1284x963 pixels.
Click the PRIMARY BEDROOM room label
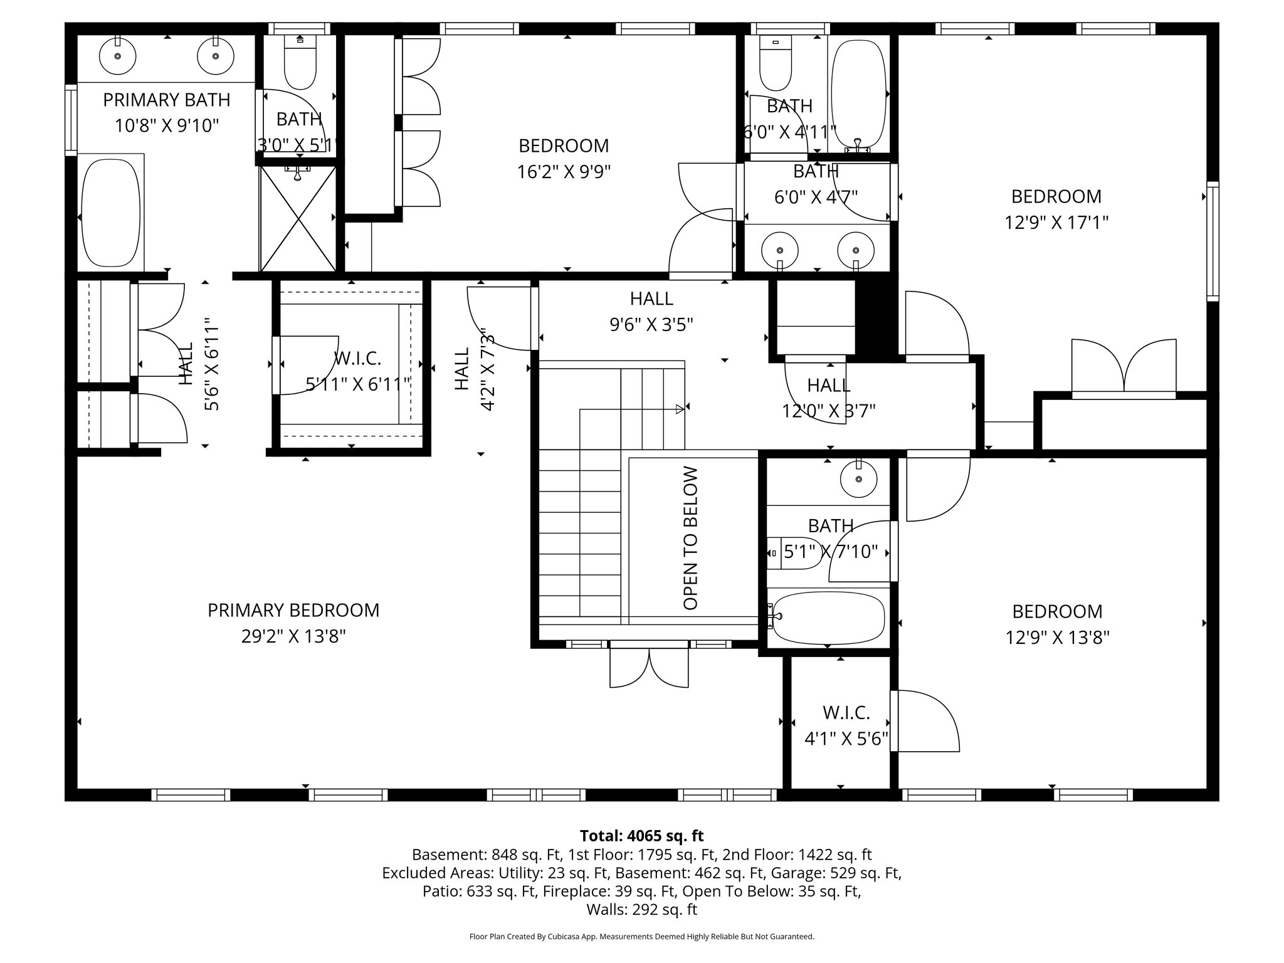point(293,610)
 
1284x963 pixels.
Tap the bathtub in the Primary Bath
point(110,213)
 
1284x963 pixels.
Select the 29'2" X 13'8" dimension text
point(293,636)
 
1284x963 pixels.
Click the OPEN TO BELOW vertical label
point(690,537)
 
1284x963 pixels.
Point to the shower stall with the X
point(298,218)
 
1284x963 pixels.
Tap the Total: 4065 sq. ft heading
point(641,836)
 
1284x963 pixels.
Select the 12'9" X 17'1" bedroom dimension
point(1056,223)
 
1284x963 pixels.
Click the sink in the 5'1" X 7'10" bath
point(858,479)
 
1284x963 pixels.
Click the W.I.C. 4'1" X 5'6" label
point(846,726)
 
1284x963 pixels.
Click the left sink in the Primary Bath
point(118,55)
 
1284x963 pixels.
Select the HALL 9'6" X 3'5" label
point(651,311)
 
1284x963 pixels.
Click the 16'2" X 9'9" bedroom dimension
point(564,171)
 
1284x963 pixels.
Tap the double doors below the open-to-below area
point(649,668)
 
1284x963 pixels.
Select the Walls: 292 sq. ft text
point(641,909)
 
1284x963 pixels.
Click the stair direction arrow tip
point(680,409)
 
